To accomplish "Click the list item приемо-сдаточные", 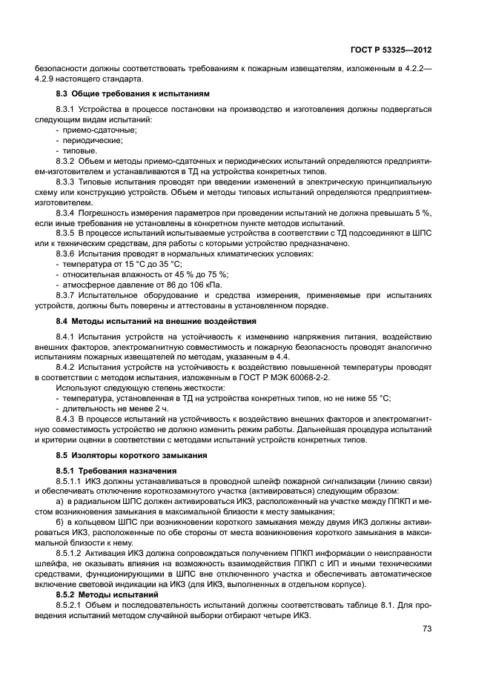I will click(90, 130).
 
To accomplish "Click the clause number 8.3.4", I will click(70, 212).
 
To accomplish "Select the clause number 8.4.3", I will click(70, 419).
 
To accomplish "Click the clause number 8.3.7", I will click(70, 295).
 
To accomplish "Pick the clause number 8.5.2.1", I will click(73, 606).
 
